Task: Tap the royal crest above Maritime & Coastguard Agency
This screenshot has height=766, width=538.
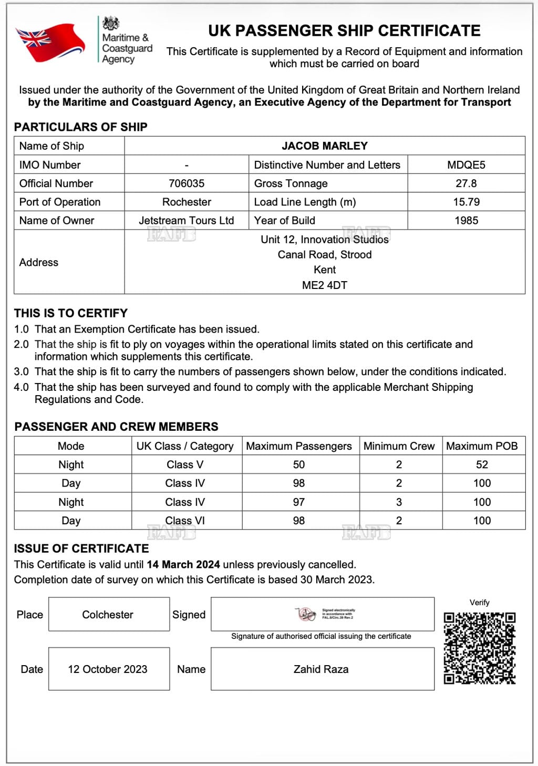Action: (110, 23)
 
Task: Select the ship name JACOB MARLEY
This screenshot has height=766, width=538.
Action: (324, 146)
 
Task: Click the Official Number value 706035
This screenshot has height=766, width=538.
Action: (187, 183)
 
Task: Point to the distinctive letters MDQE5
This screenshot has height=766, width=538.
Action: (466, 165)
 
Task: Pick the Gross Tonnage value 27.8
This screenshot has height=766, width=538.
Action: (466, 183)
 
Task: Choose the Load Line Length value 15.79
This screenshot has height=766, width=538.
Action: (466, 202)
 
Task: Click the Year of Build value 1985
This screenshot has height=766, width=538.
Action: (466, 221)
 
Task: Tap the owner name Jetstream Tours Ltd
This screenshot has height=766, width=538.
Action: (187, 221)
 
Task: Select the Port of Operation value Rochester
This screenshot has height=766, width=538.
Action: (187, 202)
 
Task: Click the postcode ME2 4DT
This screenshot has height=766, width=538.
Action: (324, 285)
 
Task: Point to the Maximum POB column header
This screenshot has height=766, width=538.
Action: (482, 446)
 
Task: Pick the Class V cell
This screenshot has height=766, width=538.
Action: (185, 464)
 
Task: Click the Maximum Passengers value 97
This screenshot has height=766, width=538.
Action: (299, 502)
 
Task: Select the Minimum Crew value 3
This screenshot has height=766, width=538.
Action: (399, 502)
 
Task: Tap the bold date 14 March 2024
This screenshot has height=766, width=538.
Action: (183, 565)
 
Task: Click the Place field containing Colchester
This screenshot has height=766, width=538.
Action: (108, 615)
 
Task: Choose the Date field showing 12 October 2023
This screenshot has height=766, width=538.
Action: (108, 669)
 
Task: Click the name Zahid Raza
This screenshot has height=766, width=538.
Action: (321, 669)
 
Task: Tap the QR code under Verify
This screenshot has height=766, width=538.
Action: (479, 648)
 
